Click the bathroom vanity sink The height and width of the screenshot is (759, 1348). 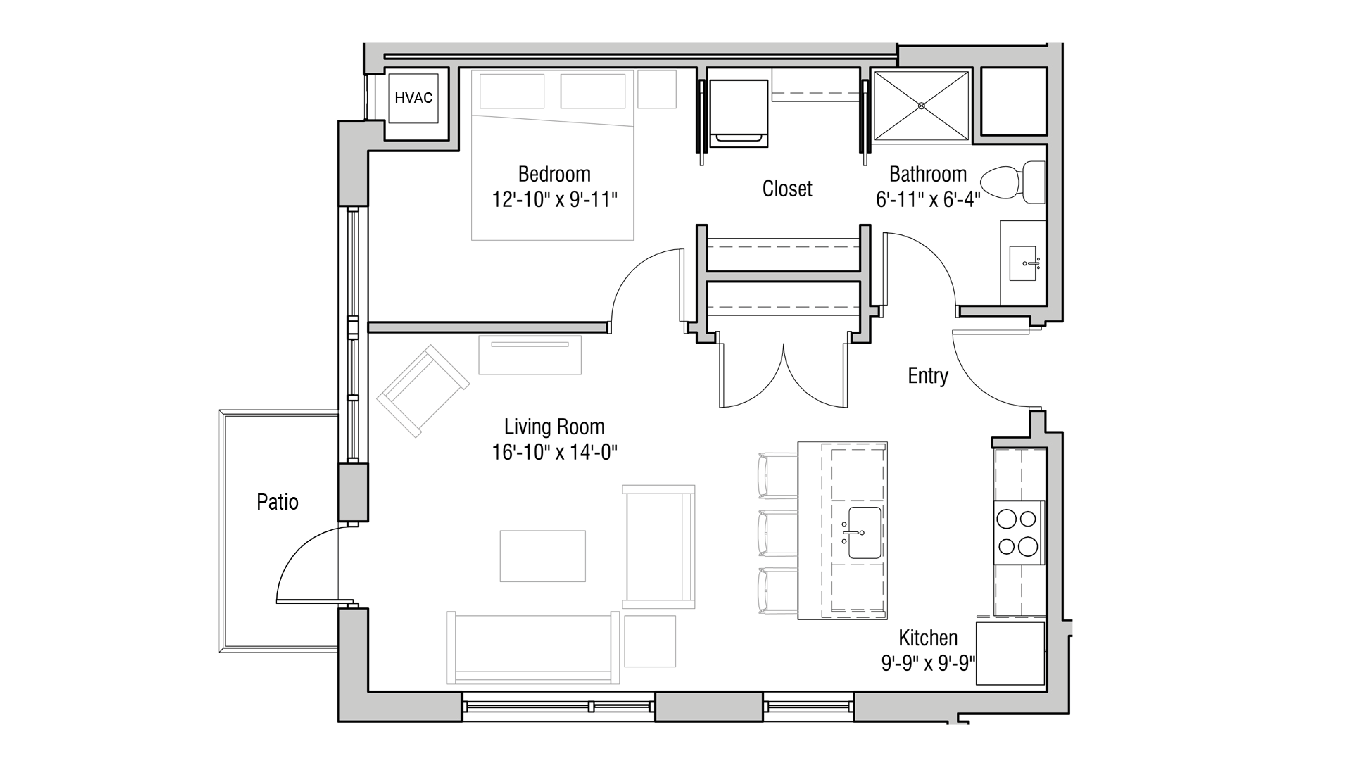pyautogui.click(x=1023, y=263)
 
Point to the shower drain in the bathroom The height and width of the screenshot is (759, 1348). pyautogui.click(x=922, y=106)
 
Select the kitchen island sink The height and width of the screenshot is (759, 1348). pyautogui.click(x=864, y=532)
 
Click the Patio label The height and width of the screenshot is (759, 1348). pyautogui.click(x=277, y=502)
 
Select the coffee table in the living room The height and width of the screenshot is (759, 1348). pyautogui.click(x=543, y=556)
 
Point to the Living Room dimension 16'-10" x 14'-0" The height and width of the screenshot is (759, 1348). pyautogui.click(x=554, y=452)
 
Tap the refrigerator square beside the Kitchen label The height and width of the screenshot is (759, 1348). pyautogui.click(x=1010, y=653)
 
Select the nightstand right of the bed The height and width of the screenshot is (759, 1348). pyautogui.click(x=657, y=89)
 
